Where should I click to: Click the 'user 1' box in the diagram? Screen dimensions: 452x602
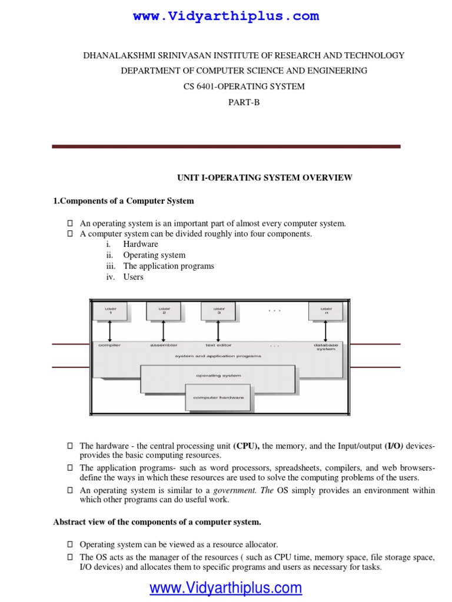click(x=111, y=311)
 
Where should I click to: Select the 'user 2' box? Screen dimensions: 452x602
click(x=164, y=311)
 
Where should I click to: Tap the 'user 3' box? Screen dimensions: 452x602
click(x=218, y=311)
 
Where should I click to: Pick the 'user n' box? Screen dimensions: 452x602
click(x=326, y=311)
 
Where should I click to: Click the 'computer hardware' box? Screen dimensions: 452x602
click(x=218, y=397)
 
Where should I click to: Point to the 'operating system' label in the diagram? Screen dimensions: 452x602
click(x=218, y=375)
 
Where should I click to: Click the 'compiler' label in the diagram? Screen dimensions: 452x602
click(x=110, y=345)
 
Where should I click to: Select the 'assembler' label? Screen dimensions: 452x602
click(x=164, y=345)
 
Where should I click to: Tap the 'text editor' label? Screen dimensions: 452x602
click(x=218, y=345)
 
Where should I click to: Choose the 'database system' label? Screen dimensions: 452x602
click(x=326, y=347)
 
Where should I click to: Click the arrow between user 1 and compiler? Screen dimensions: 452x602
click(x=111, y=331)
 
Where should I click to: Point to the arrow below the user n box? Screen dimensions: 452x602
click(x=326, y=331)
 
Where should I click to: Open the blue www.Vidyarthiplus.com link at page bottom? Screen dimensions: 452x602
click(x=225, y=587)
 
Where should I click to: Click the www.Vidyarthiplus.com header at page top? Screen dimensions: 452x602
click(x=226, y=16)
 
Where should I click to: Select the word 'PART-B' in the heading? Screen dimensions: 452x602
click(x=244, y=102)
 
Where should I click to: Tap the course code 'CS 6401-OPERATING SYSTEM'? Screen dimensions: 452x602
click(x=244, y=86)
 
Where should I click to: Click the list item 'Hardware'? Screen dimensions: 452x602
click(x=141, y=244)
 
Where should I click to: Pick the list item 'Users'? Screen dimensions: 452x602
click(x=133, y=277)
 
